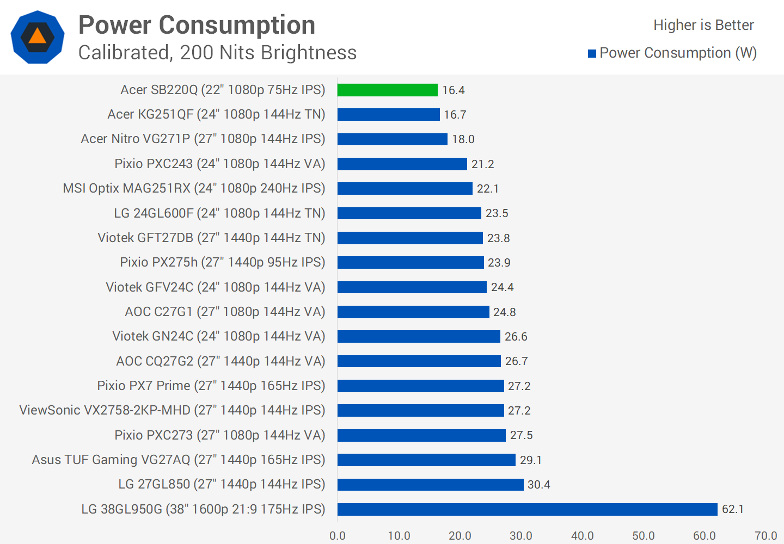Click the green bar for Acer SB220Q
coord(387,90)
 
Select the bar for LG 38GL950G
coord(527,509)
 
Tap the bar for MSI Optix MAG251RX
coord(405,188)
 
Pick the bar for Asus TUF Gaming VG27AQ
coord(426,460)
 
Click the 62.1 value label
coord(733,509)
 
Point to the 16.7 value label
coord(455,115)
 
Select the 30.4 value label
coord(539,485)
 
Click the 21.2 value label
coord(483,164)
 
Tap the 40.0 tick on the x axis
coord(582,536)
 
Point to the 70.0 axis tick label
coord(765,536)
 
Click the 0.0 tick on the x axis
coord(338,536)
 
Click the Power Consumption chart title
coord(197,25)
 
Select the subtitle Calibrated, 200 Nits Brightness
coord(217,53)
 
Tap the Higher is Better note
coord(703,25)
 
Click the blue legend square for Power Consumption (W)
coord(592,53)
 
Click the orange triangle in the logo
coord(38,36)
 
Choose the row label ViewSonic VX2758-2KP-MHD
coord(172,410)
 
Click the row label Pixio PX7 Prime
coord(211,386)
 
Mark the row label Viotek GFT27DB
coord(211,238)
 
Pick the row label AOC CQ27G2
coord(220,361)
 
